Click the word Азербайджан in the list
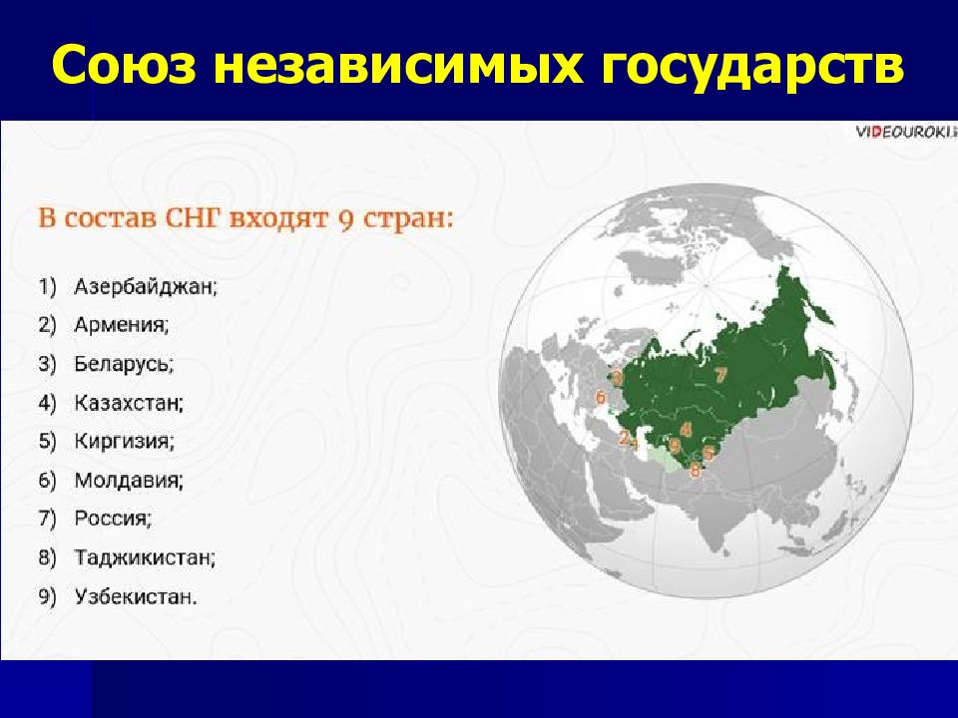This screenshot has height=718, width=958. point(146,286)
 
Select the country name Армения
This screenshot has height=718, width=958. point(121,324)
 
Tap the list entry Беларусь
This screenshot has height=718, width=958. point(124,363)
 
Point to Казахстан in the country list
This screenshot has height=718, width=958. point(129,402)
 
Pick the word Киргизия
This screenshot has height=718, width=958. point(124,441)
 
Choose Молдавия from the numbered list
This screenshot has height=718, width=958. point(129,480)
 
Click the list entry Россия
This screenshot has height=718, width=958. point(113,519)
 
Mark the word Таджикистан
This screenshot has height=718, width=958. point(145,557)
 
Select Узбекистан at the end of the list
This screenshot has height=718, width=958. point(136,596)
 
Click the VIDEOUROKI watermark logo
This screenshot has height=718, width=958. point(905,132)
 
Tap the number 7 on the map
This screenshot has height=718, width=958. point(720,374)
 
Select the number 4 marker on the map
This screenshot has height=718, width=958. point(686,429)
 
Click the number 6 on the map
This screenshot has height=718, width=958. point(601,398)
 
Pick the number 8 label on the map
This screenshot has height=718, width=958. point(695,471)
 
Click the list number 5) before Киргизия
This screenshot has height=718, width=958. point(48,441)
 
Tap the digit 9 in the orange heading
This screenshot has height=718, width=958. point(346,219)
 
